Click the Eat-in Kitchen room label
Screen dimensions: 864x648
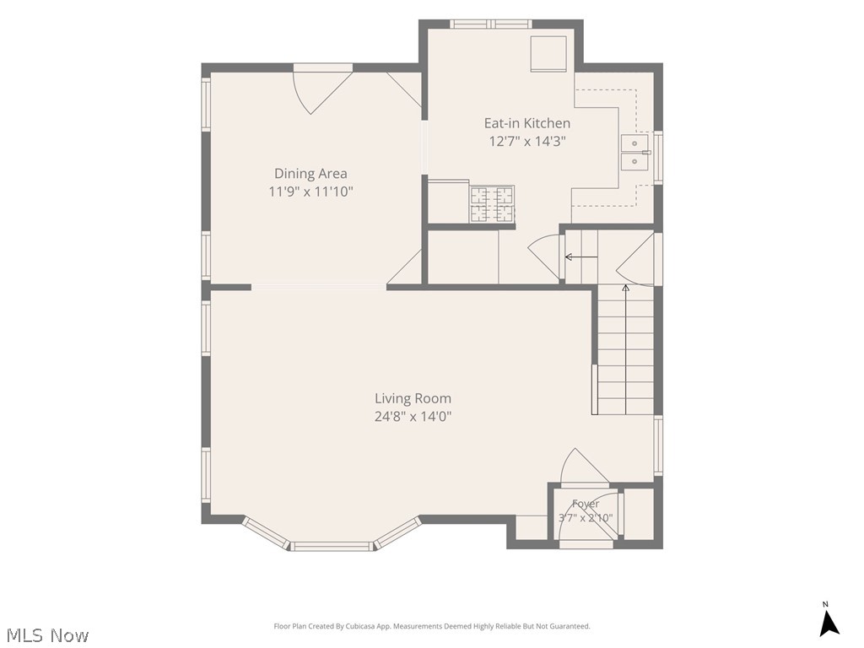[x=526, y=123]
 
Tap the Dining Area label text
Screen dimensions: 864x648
[x=310, y=174]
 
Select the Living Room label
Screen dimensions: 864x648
[x=413, y=398]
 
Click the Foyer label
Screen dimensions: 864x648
[x=586, y=504]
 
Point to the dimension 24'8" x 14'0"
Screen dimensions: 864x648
[x=413, y=416]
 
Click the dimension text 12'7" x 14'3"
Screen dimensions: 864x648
[x=527, y=141]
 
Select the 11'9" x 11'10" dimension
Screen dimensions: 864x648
[x=310, y=192]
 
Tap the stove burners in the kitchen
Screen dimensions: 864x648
[x=492, y=204]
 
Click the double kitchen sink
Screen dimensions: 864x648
[x=634, y=153]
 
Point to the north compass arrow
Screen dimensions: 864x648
[x=829, y=623]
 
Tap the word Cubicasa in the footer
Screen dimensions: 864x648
[x=361, y=627]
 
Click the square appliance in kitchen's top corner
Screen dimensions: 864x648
[x=548, y=53]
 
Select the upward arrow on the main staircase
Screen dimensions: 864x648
[x=625, y=349]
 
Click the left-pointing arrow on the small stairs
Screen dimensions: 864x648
[x=580, y=256]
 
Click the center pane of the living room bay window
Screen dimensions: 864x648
[x=332, y=546]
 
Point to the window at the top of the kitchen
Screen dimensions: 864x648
[x=490, y=24]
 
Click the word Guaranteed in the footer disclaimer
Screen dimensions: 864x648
[x=572, y=627]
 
